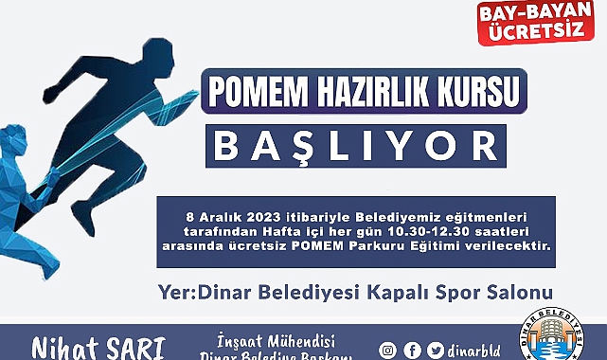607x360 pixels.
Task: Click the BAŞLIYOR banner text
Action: coord(353,148)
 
